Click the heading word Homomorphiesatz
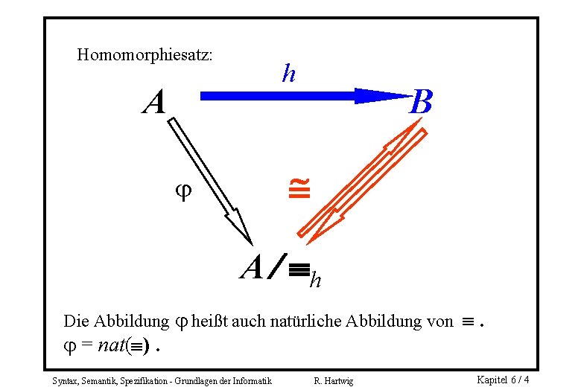coord(145,55)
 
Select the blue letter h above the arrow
coord(288,74)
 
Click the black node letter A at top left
coord(154,103)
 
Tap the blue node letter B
coord(421,103)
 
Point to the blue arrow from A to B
coord(298,96)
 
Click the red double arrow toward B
coord(365,182)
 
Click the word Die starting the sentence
coord(77,322)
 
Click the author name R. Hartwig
coord(334,381)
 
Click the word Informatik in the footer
coord(250,381)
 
